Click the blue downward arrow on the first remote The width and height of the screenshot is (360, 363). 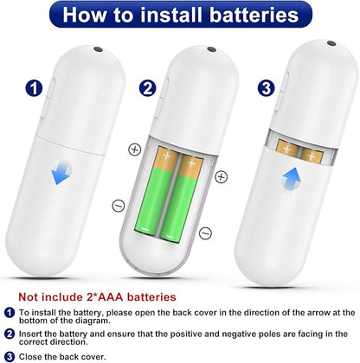(x=61, y=172)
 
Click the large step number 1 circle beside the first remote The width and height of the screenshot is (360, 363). (x=34, y=88)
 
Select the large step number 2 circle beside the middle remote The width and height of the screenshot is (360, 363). (x=148, y=88)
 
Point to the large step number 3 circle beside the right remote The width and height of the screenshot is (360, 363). (x=266, y=88)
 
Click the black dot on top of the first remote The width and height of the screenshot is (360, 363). (x=98, y=49)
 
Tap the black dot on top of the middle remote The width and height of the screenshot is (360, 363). (x=211, y=49)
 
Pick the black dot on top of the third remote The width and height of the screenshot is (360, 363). (x=331, y=43)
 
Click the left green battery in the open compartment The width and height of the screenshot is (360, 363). (x=155, y=191)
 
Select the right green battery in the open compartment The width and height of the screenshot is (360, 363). (x=181, y=198)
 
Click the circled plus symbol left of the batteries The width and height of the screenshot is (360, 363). (x=134, y=150)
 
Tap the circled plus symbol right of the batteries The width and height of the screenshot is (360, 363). (x=222, y=176)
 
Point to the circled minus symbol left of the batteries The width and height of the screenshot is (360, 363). (x=119, y=206)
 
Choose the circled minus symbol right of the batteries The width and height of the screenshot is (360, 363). (x=205, y=232)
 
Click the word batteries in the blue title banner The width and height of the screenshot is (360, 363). (x=254, y=15)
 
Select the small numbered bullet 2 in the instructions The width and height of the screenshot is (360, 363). (x=10, y=334)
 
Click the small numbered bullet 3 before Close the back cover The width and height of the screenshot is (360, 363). (x=10, y=357)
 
